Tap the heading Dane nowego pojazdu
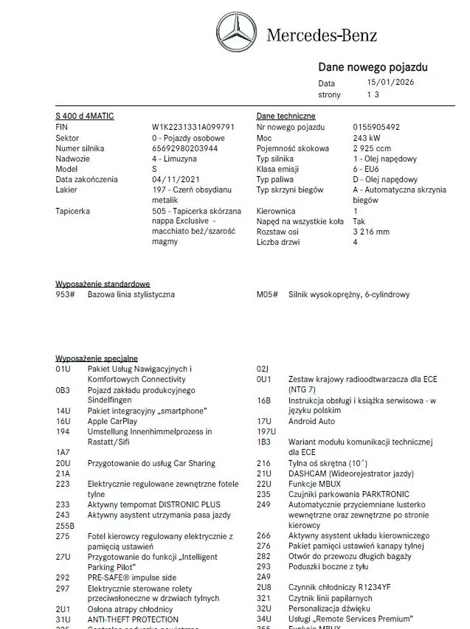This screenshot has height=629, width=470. [373, 68]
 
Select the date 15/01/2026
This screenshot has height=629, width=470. [390, 83]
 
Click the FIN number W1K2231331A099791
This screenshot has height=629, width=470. [193, 127]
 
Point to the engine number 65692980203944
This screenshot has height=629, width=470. [184, 148]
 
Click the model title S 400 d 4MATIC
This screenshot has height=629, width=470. [85, 117]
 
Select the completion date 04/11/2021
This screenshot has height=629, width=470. [176, 179]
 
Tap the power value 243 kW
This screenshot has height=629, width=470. [367, 138]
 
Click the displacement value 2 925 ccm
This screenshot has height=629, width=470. [373, 148]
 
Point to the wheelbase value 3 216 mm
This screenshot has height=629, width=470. [371, 232]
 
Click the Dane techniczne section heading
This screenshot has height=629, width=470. [286, 117]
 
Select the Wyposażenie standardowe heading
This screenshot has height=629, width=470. [103, 284]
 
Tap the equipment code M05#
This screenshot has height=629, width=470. [266, 295]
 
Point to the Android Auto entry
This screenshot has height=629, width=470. [311, 421]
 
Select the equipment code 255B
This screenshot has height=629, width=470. [66, 525]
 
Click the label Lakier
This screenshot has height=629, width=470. [66, 190]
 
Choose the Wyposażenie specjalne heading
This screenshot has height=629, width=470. [97, 358]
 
